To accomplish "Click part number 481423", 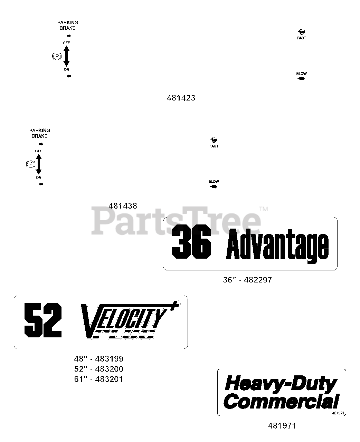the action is tap(181, 98).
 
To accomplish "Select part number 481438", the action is tap(123, 206).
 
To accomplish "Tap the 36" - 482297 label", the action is tap(247, 280).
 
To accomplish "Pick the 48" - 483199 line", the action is tap(99, 359).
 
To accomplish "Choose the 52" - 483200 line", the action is tap(99, 369).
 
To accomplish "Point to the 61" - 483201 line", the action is tap(99, 379).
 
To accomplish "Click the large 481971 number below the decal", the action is tap(282, 426).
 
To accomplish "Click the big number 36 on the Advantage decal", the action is tap(192, 244).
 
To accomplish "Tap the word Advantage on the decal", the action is tap(277, 246).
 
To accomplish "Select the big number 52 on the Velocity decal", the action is tap(43, 320).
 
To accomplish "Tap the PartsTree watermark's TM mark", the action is tap(263, 209).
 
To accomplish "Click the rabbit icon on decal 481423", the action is tap(301, 32).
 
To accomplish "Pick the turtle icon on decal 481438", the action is tap(214, 186).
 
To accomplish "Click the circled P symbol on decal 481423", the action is tap(57, 56).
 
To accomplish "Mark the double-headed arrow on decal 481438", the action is tap(39, 164).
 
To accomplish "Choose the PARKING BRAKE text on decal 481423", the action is tap(68, 25).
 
